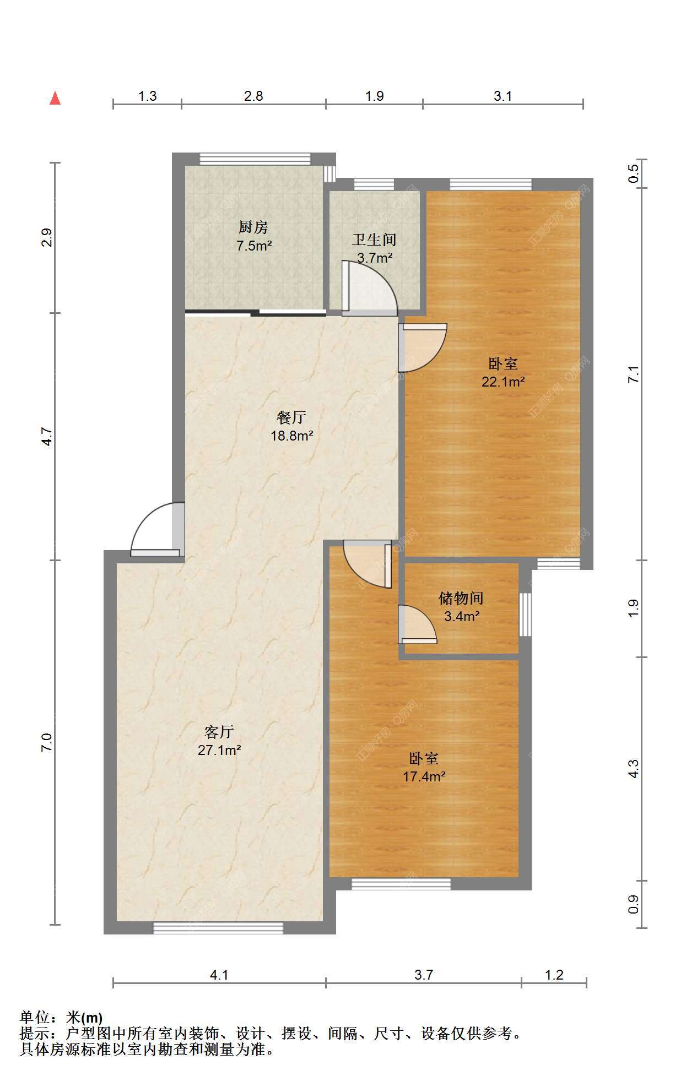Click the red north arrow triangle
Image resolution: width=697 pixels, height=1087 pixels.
point(55,98)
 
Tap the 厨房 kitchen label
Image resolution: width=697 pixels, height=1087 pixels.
point(253,226)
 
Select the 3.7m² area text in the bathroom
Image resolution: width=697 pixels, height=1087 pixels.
point(375,257)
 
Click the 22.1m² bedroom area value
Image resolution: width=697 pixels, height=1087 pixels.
point(503,381)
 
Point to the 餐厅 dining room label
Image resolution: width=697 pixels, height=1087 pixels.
point(291,418)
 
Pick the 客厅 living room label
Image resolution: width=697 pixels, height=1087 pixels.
point(220,732)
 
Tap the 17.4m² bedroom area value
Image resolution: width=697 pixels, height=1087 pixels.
point(424,776)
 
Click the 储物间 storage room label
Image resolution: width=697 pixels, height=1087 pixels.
point(461,598)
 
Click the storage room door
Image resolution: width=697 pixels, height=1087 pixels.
point(417,624)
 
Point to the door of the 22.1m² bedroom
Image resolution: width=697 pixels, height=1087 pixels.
point(422,347)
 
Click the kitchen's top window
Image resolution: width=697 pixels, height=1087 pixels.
point(255,159)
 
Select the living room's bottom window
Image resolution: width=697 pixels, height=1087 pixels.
point(218,928)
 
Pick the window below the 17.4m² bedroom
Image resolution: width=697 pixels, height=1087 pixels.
point(401,884)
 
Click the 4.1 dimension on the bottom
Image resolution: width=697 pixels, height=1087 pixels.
point(219,975)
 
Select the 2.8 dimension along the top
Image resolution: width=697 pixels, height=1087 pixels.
point(253,96)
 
